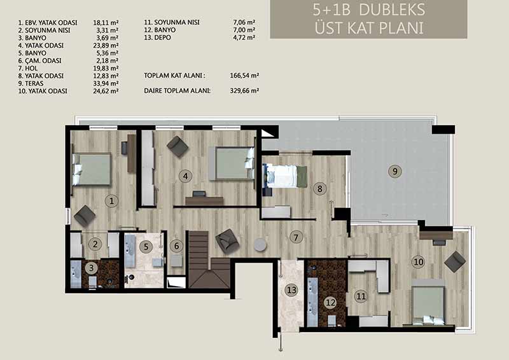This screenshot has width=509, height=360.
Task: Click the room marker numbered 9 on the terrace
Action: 395,171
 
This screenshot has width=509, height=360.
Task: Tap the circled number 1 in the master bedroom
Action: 112,201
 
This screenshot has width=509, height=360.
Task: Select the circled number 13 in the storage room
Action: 291,289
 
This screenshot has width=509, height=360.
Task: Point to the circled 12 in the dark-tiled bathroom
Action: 330,303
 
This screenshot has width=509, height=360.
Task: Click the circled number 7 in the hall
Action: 296,237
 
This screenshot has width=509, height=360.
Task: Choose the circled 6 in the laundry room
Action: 177,246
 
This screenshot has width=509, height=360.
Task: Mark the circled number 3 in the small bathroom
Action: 92,268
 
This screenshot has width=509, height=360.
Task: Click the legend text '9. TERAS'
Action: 31,83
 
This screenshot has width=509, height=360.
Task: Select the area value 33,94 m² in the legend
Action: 106,83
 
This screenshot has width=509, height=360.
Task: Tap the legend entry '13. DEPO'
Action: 157,38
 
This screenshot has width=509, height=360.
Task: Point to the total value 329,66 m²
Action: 244,90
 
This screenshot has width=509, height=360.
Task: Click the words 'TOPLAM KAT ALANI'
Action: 174,76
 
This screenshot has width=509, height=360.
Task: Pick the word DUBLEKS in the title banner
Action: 392,10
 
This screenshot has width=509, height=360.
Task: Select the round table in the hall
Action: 260,245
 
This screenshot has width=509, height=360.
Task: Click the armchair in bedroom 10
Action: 455,261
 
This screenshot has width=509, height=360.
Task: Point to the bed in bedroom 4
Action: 232,163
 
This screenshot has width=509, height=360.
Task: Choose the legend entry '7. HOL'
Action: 28,68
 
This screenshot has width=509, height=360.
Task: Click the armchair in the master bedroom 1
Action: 85,216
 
